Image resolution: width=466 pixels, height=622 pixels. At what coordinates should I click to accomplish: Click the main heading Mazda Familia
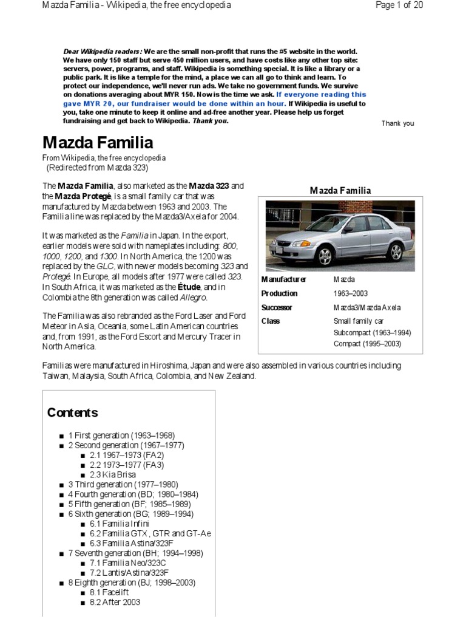point(97,143)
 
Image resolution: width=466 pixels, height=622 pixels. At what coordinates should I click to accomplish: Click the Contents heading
point(72,412)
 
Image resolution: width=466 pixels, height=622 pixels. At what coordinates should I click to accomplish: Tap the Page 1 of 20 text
point(399,5)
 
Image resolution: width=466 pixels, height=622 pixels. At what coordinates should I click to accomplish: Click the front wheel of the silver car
point(325,256)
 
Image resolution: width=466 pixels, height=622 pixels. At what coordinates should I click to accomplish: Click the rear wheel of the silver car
point(395,251)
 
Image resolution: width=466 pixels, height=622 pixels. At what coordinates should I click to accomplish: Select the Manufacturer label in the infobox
point(283,279)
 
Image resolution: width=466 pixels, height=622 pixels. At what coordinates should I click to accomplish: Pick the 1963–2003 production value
point(350,293)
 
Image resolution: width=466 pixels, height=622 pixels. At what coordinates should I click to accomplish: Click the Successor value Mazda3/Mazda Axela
point(366,307)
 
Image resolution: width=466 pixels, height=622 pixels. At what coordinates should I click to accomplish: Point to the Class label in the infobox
point(270,321)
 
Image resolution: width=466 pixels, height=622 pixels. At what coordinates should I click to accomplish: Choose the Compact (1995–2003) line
point(368,344)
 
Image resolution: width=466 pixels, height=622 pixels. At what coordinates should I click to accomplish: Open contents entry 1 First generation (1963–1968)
point(121,436)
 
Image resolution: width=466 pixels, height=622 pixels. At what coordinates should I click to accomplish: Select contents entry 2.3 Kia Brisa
point(113,474)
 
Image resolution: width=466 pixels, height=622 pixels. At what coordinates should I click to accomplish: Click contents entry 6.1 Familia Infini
point(119,524)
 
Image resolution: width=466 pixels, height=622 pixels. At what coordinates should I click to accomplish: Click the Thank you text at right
point(397,123)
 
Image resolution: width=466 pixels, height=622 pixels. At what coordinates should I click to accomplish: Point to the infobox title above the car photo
point(340,191)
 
